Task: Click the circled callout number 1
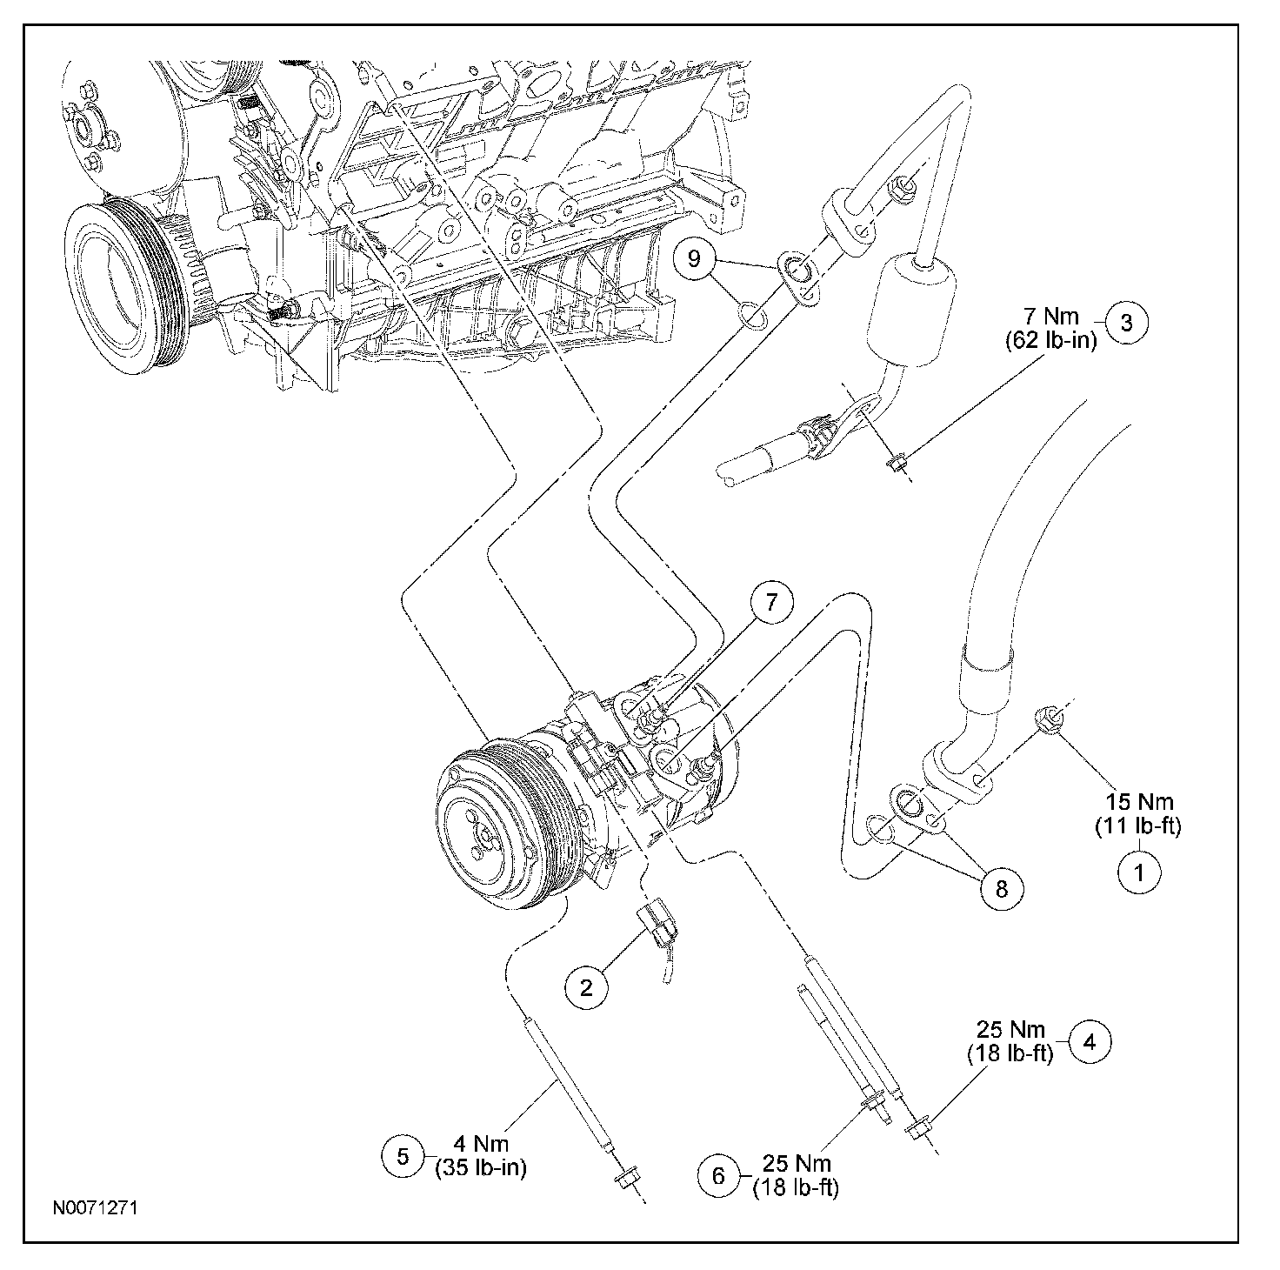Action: tap(1139, 872)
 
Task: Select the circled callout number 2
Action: tap(586, 988)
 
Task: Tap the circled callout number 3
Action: tap(1127, 323)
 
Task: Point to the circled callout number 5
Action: tap(403, 1156)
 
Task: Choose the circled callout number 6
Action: tap(719, 1176)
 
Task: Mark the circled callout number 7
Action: tap(771, 603)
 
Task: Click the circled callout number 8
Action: tap(1002, 888)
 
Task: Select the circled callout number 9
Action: tap(694, 257)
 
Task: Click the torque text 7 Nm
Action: tap(1051, 316)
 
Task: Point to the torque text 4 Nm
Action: tap(481, 1144)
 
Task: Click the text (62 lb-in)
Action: tap(1050, 340)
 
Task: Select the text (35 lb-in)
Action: tap(481, 1167)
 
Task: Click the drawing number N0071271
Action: tap(96, 1207)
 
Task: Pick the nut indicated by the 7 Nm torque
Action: tap(896, 463)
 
